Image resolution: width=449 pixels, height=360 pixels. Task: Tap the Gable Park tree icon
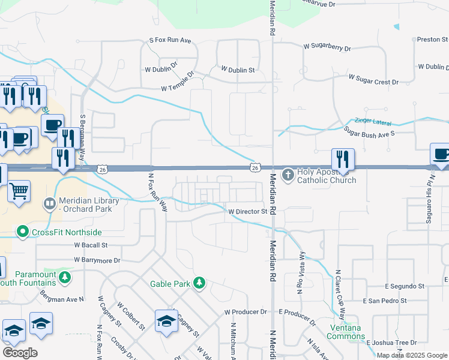click(x=199, y=283)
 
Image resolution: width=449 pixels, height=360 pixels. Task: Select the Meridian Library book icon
click(x=50, y=205)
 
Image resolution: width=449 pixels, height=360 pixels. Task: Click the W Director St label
click(x=247, y=212)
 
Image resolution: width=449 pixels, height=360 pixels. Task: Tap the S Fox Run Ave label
click(x=170, y=41)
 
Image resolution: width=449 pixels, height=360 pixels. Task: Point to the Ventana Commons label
click(x=347, y=332)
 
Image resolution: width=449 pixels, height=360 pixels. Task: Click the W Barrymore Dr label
click(x=97, y=260)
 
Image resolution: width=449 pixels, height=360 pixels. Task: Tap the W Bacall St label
click(x=91, y=245)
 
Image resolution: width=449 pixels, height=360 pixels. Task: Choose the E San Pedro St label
click(x=385, y=301)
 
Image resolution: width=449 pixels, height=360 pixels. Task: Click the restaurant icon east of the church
click(x=343, y=159)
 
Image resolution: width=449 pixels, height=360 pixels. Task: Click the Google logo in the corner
click(x=20, y=352)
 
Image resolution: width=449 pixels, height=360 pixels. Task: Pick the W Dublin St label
click(x=238, y=70)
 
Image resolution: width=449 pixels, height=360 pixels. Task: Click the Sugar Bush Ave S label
click(x=369, y=132)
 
